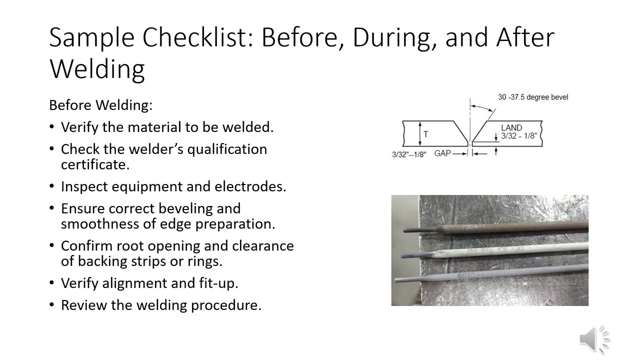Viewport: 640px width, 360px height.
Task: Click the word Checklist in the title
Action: coord(198,37)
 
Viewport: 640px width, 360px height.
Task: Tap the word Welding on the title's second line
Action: coord(97,68)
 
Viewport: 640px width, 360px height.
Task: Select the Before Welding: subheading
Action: coord(100,105)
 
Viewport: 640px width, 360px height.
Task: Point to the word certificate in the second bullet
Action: coord(95,164)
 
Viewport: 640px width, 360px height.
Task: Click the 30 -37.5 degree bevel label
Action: coord(532,97)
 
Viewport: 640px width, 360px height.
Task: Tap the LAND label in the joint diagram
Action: coord(511,128)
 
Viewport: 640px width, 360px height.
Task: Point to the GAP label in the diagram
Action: coord(442,153)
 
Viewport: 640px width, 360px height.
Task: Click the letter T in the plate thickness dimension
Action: coord(425,134)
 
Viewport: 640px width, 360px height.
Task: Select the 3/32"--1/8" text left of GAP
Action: coord(409,154)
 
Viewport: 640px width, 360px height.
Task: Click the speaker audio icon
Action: coord(594,339)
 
